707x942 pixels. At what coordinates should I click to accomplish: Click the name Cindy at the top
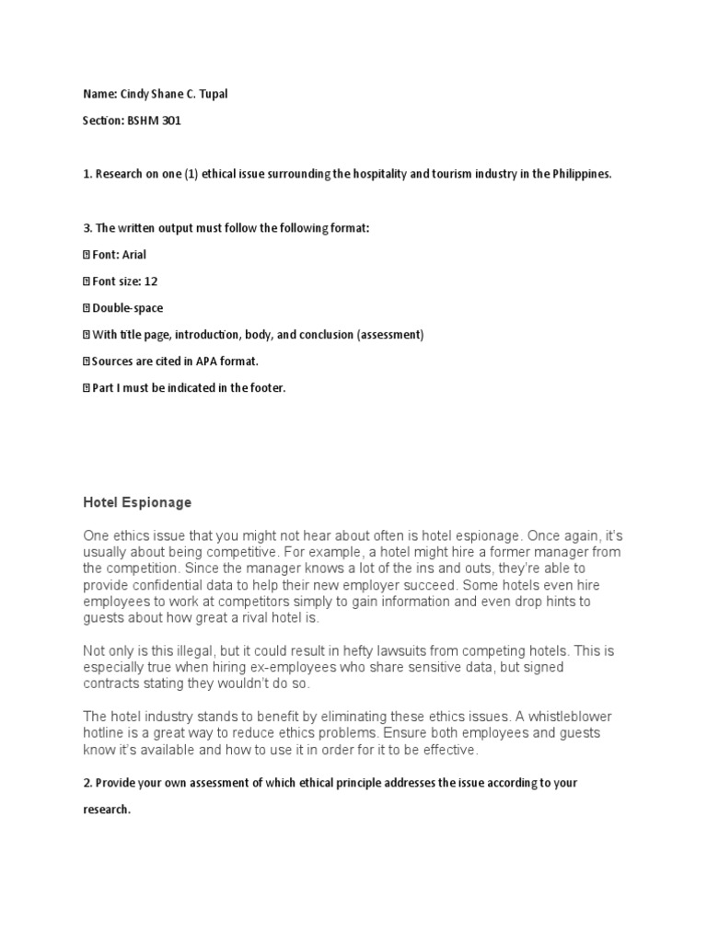click(x=133, y=94)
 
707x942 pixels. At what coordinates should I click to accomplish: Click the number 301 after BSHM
click(x=172, y=121)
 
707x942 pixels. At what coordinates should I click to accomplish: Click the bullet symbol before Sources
click(x=87, y=362)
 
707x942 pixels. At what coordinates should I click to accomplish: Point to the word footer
click(x=266, y=388)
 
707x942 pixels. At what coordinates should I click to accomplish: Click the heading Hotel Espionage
click(x=137, y=502)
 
